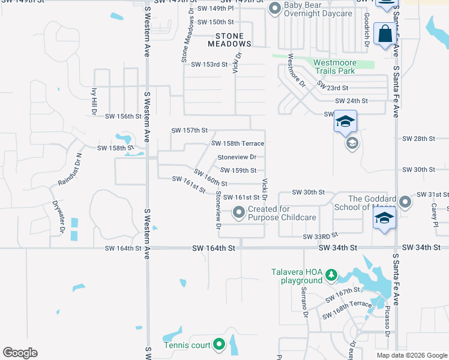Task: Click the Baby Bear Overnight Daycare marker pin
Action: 275,8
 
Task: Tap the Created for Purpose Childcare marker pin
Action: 239,212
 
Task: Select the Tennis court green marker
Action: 218,344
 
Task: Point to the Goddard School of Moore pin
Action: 406,202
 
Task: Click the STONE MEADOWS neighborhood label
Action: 229,40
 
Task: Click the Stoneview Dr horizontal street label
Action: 237,157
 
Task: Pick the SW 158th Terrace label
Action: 238,143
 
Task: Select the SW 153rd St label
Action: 209,64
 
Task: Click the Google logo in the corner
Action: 20,353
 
